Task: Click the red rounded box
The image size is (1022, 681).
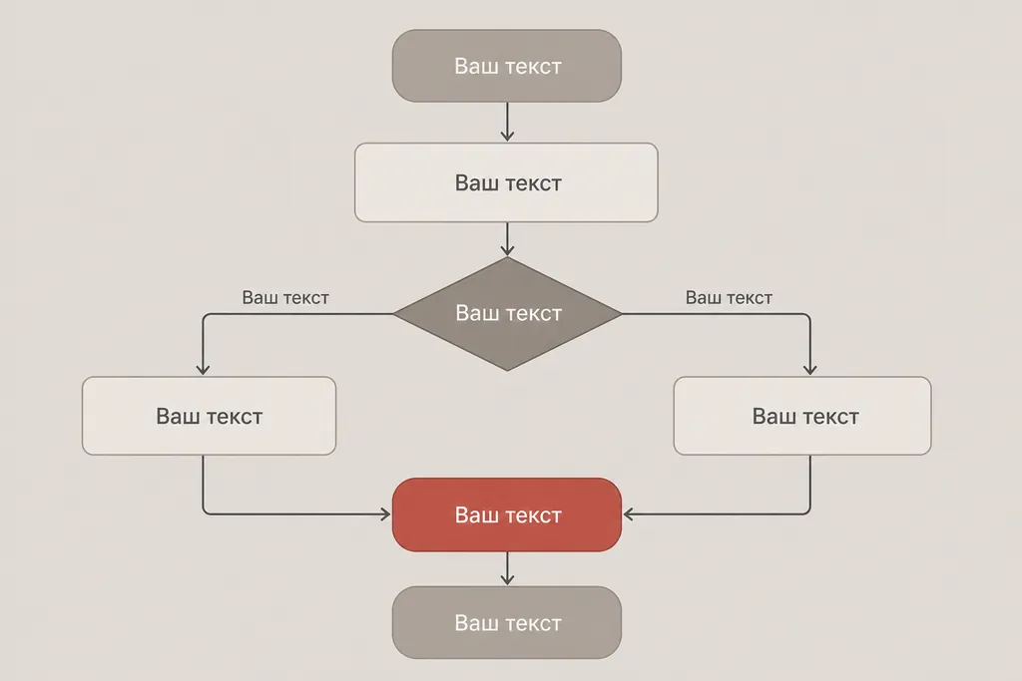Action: click(506, 514)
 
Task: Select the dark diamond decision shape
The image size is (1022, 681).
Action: click(507, 314)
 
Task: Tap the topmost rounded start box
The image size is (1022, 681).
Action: click(506, 65)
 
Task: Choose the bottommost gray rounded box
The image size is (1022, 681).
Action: click(506, 622)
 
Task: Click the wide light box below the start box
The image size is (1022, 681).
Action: click(506, 182)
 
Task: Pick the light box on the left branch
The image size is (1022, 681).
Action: click(210, 416)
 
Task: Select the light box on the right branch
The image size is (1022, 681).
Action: click(802, 416)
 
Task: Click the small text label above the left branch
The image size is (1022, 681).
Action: click(285, 297)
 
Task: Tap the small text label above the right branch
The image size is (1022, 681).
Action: click(729, 297)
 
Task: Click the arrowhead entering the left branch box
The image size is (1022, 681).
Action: click(203, 370)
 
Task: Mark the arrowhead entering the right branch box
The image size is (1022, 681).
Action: click(810, 370)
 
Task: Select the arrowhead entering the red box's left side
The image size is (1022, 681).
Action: click(386, 514)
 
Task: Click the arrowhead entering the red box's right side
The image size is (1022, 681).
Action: click(629, 514)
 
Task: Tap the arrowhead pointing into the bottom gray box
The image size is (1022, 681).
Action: click(507, 579)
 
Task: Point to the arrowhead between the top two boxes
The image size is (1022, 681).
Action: click(507, 136)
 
